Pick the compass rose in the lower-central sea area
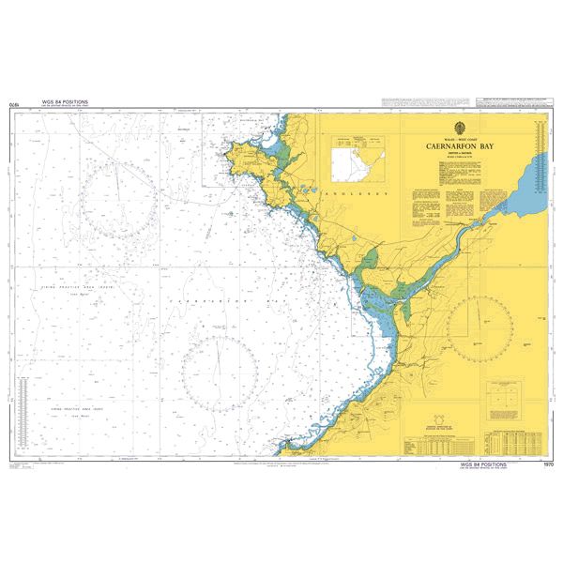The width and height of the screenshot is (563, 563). (221, 367)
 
